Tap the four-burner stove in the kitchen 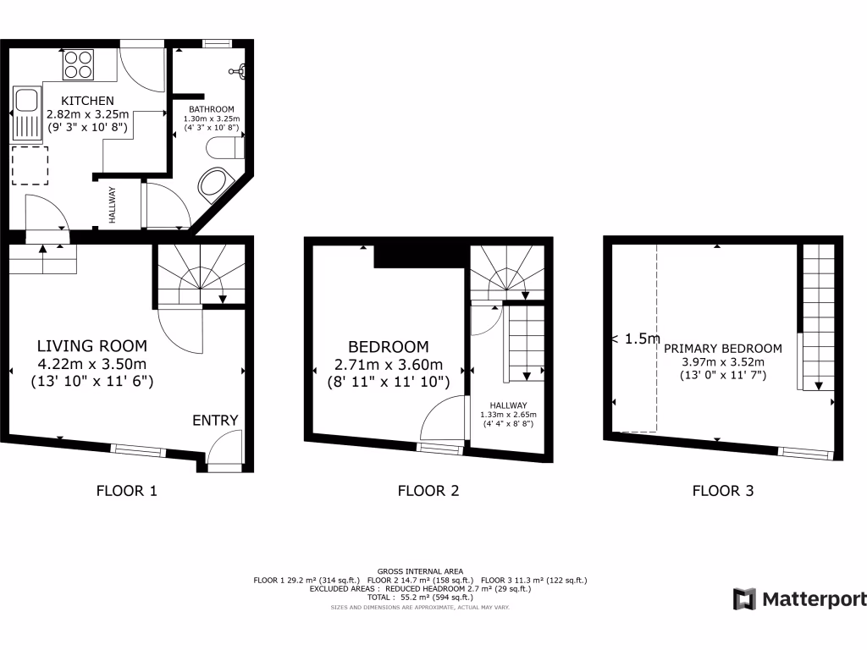point(78,65)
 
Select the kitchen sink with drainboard point(25,113)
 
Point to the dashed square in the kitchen point(30,166)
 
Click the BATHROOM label point(211,109)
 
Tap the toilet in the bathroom point(225,149)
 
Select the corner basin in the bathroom point(214,184)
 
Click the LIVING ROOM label point(91,346)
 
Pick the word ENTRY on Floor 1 point(215,421)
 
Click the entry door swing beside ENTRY point(223,448)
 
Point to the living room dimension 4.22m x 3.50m point(91,365)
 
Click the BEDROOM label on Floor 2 point(388,347)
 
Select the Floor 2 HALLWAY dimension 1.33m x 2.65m point(508,415)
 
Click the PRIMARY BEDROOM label point(723,348)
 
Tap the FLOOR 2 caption point(428,490)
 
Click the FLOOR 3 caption point(723,490)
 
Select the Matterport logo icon point(744,599)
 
